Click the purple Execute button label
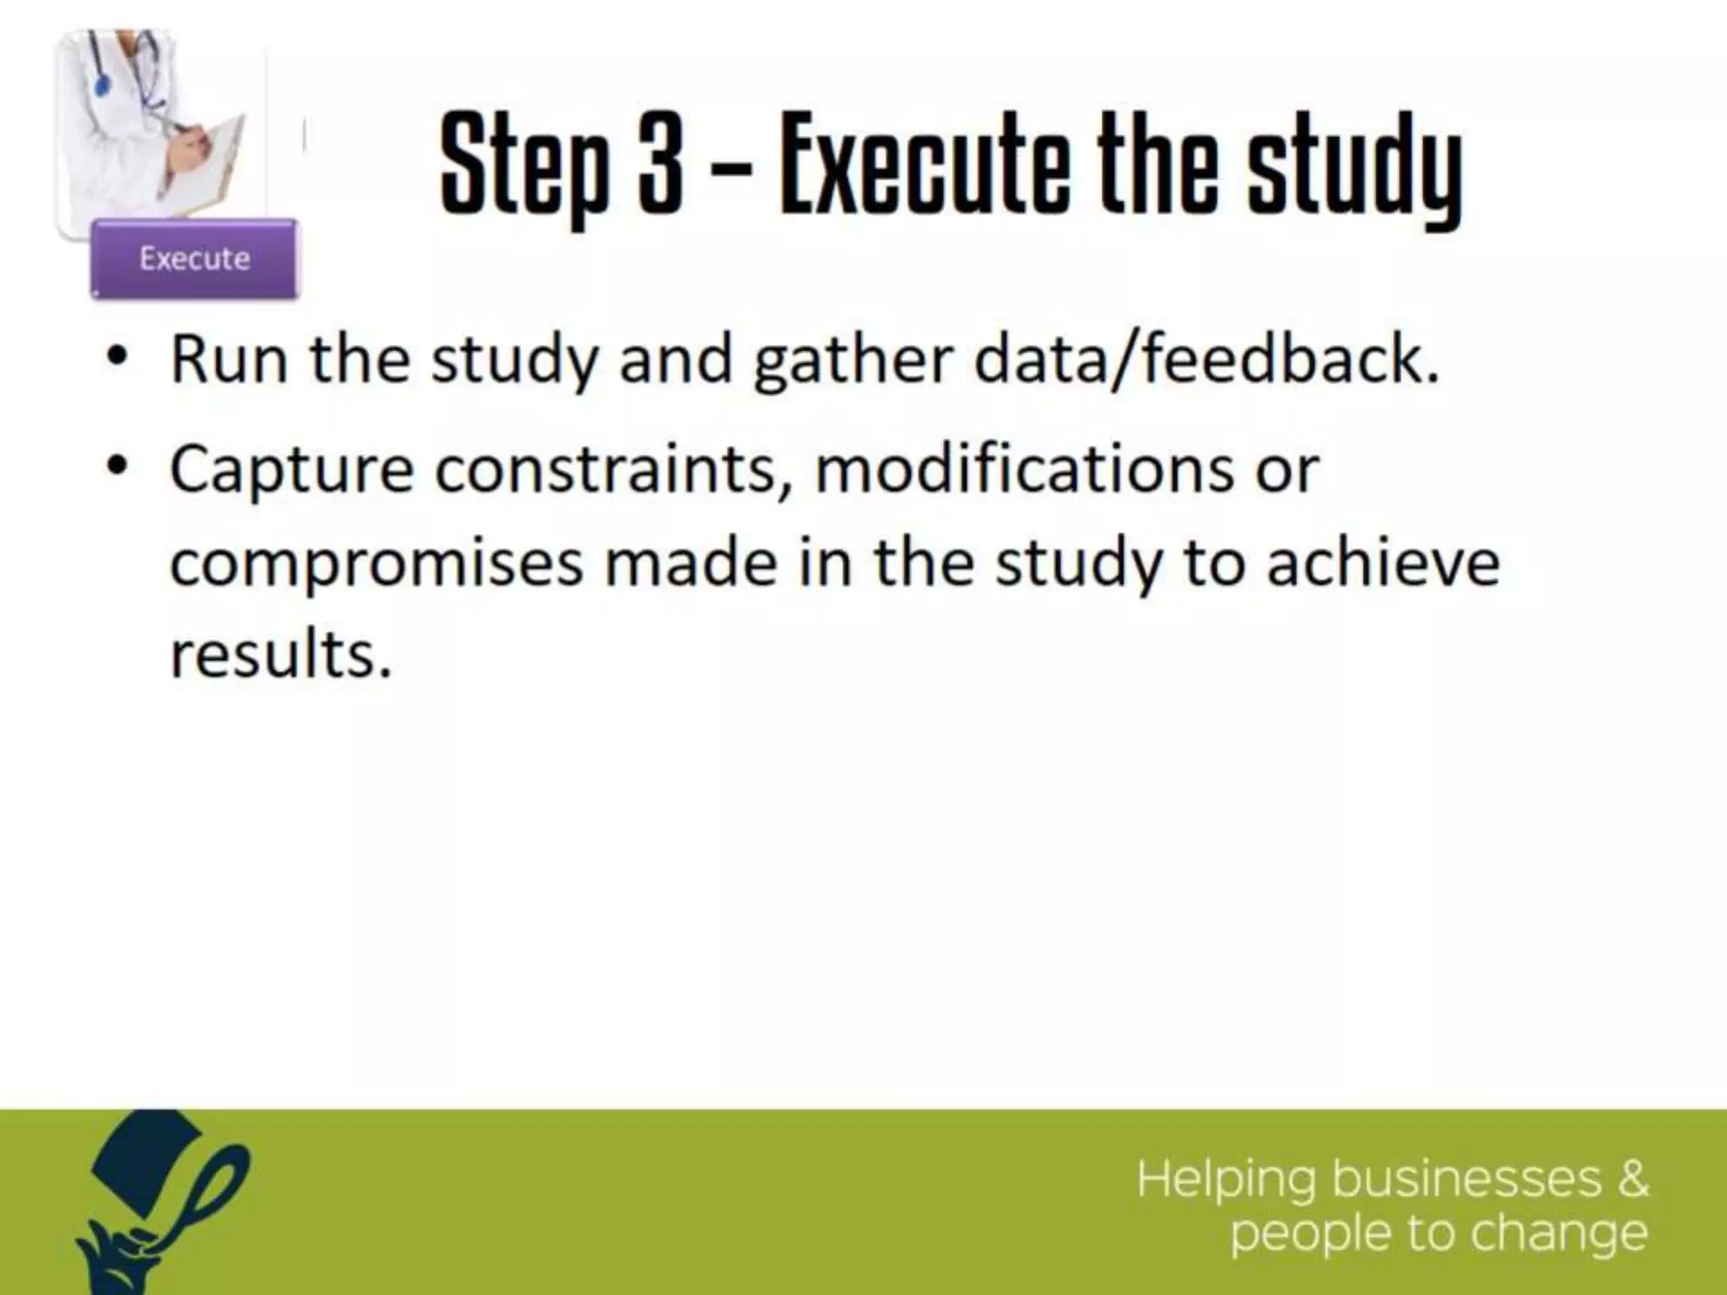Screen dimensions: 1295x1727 [195, 258]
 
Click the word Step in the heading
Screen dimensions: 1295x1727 [524, 164]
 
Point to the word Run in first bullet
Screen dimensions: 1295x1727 [228, 360]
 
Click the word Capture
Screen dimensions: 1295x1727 [292, 470]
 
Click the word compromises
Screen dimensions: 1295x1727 [376, 563]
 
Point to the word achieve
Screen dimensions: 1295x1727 [1383, 563]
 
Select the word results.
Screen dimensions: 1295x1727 [282, 655]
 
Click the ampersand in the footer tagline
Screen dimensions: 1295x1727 [1632, 1178]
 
